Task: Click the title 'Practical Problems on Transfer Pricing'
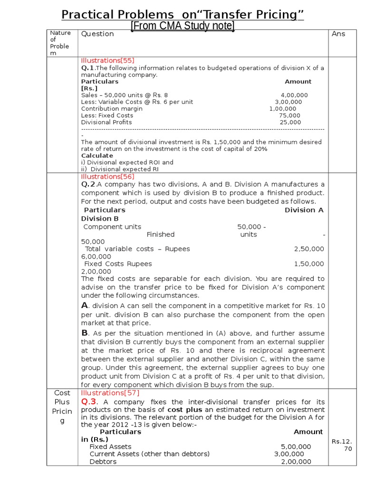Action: click(182, 15)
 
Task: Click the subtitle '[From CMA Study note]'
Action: click(182, 26)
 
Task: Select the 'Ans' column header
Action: click(338, 34)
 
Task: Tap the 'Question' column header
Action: click(97, 34)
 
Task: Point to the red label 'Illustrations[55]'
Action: click(107, 61)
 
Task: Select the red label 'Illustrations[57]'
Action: click(107, 393)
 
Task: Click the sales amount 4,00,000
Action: click(294, 95)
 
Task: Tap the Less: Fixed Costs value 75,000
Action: click(289, 115)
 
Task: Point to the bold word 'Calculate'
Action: click(97, 156)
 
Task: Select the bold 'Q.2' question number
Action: click(88, 184)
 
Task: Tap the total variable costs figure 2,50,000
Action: click(309, 249)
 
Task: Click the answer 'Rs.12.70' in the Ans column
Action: click(342, 445)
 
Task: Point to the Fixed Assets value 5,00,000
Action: click(296, 447)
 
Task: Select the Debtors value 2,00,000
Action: click(296, 461)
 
